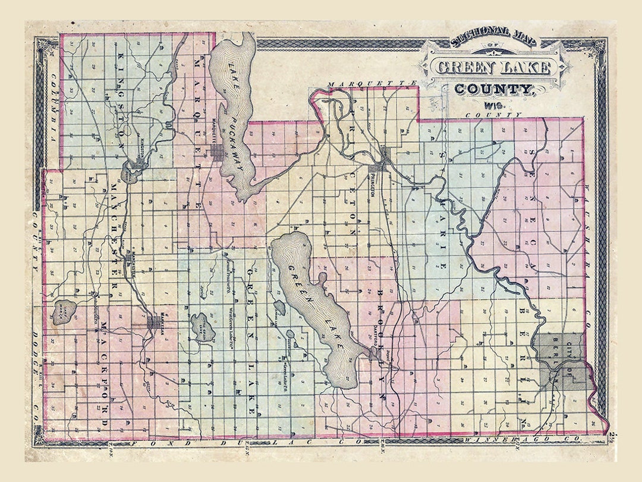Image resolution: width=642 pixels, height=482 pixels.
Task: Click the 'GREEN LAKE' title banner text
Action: point(493,67)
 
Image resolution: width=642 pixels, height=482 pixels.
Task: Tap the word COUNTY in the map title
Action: point(493,89)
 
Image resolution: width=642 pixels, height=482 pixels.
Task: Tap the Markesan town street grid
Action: point(156,322)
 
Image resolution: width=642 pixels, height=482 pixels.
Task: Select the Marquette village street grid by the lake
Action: point(217,151)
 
